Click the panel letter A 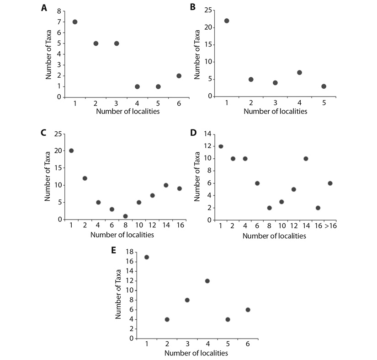tap(44, 8)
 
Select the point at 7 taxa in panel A tap(75, 22)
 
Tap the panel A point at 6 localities tap(179, 76)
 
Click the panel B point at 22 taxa tap(227, 21)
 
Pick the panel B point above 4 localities tap(299, 72)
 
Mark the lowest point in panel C tap(125, 216)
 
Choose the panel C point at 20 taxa tap(71, 150)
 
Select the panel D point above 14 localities tap(306, 159)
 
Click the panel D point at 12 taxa tap(221, 146)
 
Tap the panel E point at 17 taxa tap(146, 257)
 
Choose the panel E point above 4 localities tap(207, 281)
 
